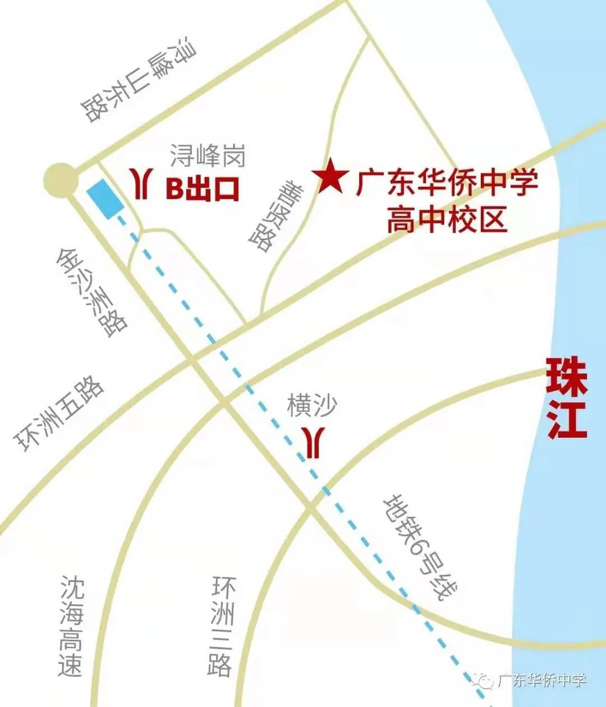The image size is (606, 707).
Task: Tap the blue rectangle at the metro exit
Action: click(x=105, y=199)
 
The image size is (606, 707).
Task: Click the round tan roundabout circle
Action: click(x=60, y=180)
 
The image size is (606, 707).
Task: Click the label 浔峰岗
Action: click(x=208, y=154)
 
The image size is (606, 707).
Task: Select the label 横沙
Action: click(x=312, y=405)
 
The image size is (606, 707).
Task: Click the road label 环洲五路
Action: click(x=59, y=415)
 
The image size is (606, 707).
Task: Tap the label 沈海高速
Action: click(x=71, y=626)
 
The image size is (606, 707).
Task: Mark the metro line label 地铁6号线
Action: click(x=420, y=547)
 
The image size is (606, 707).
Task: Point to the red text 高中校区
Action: click(x=447, y=219)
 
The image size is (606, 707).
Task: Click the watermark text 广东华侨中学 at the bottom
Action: click(x=541, y=680)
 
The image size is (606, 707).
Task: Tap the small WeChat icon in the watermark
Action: click(x=484, y=681)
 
